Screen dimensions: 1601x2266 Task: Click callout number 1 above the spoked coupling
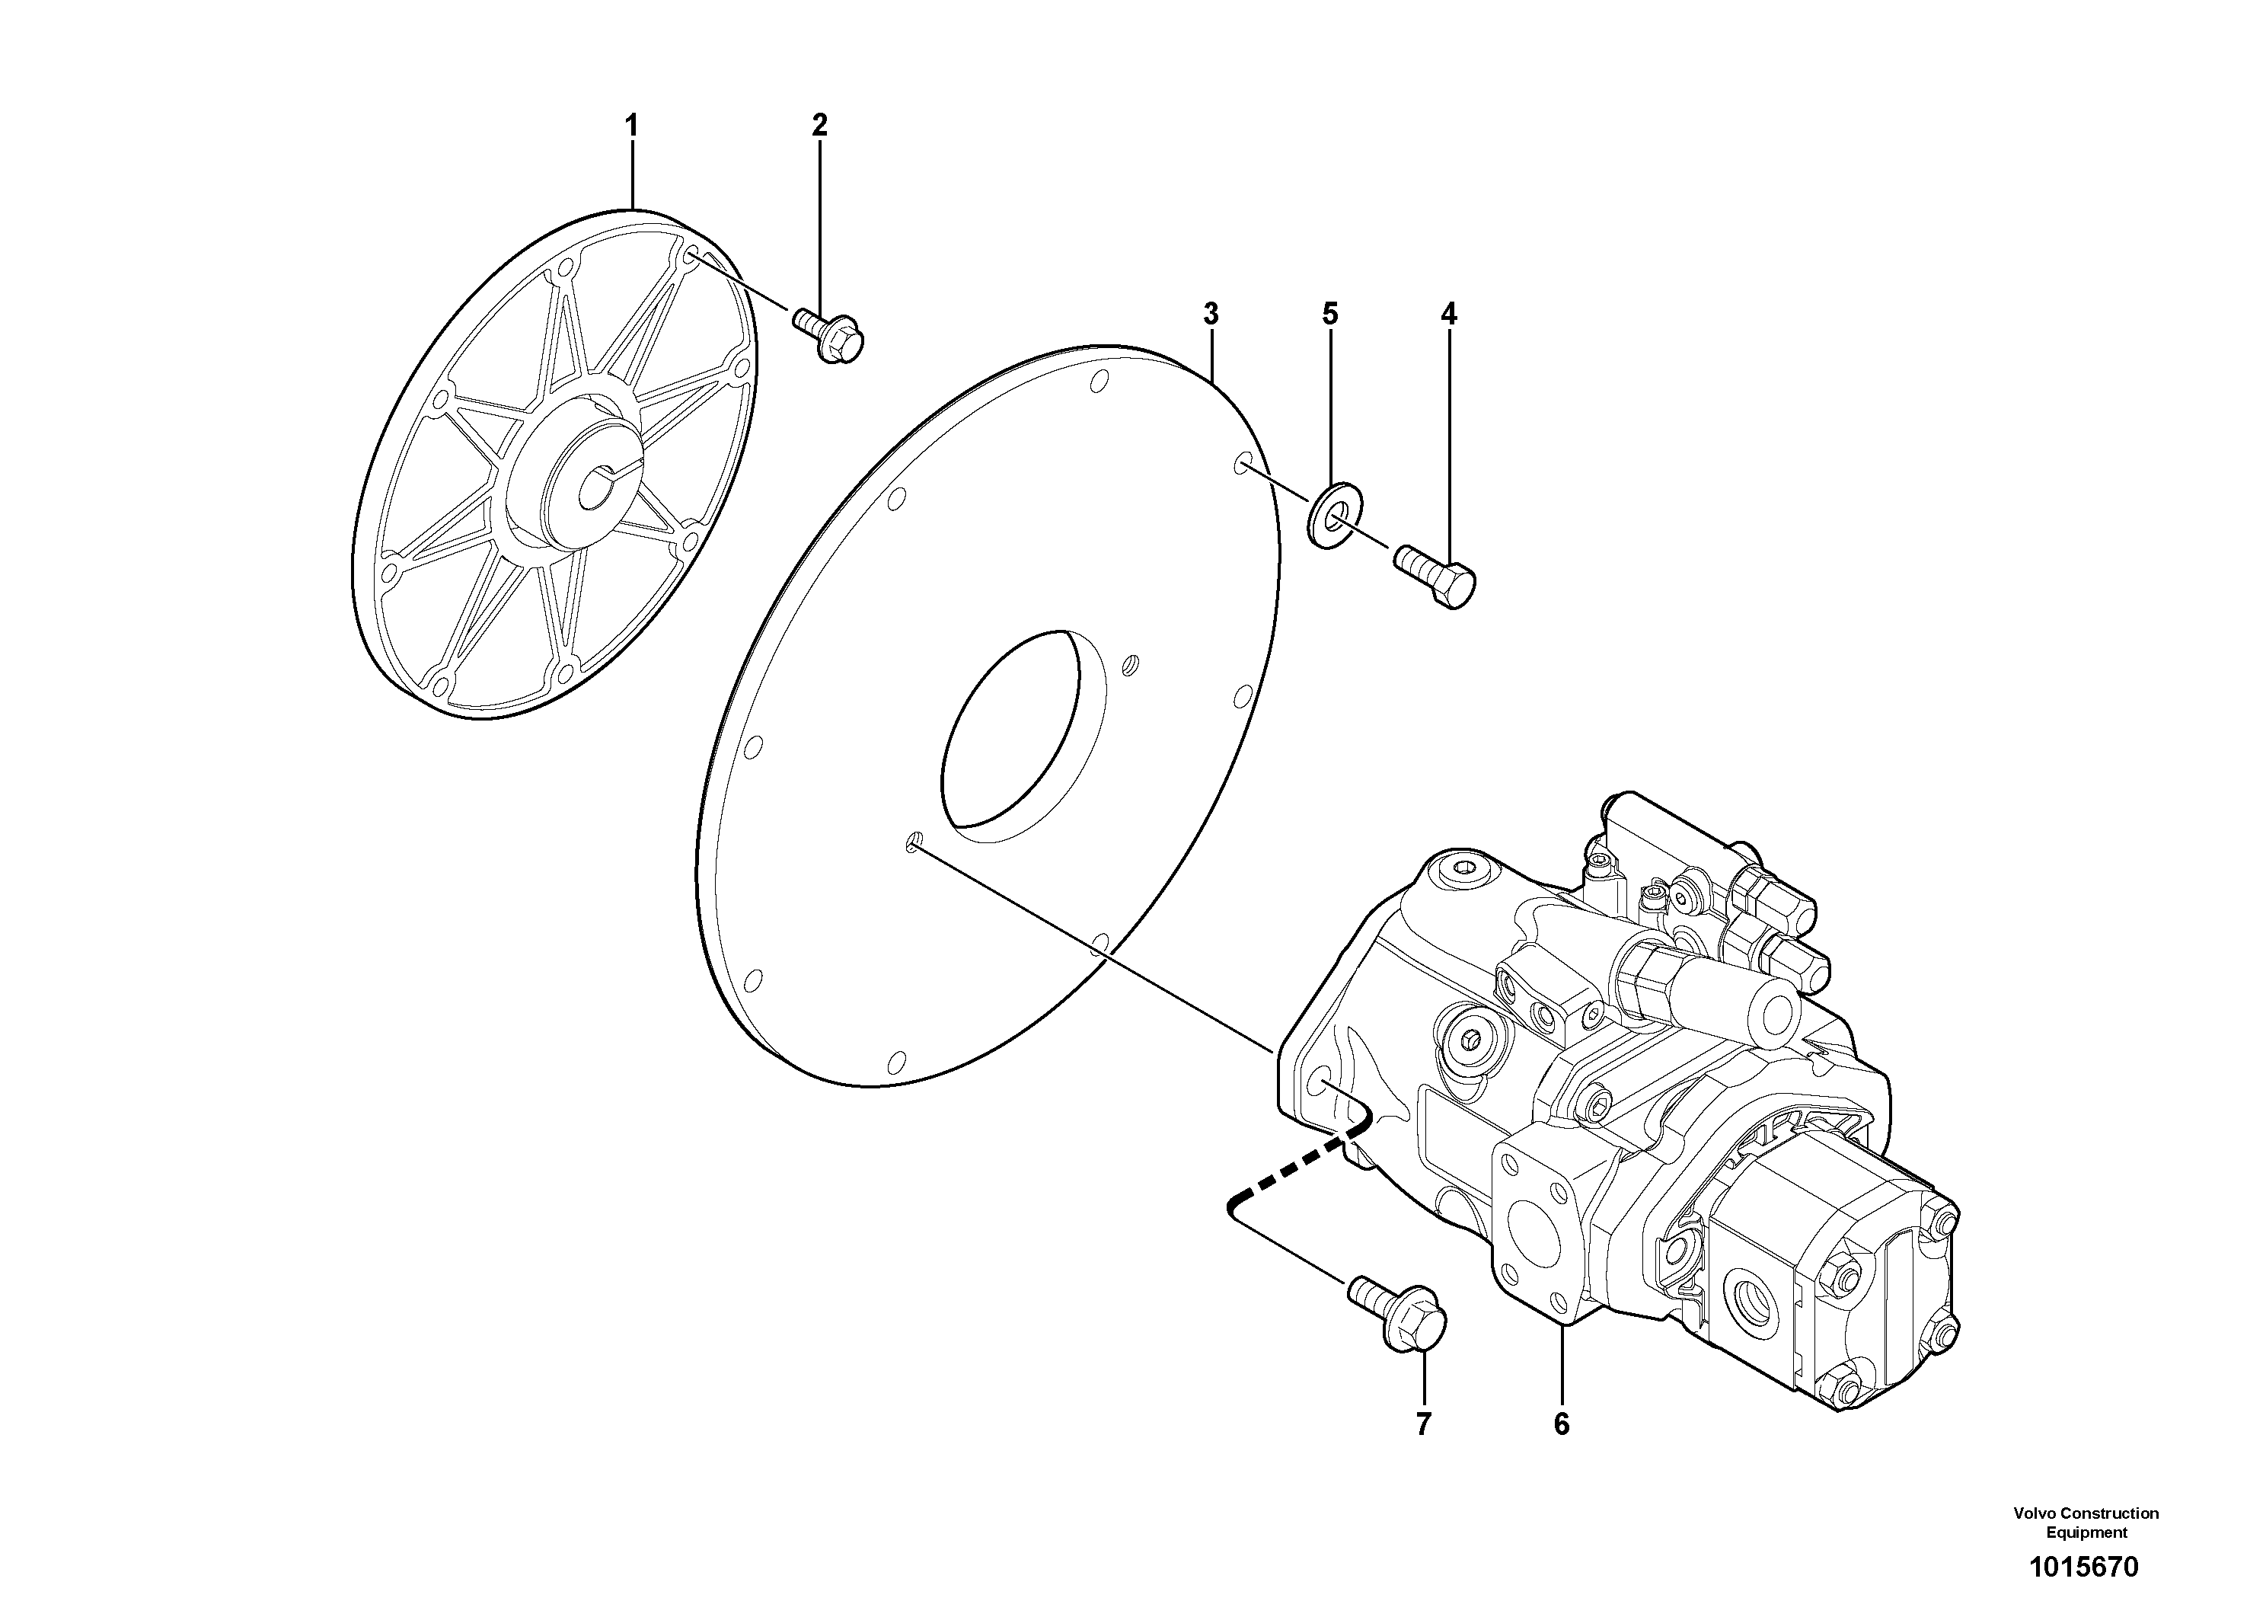click(632, 126)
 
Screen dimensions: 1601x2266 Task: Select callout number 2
click(819, 126)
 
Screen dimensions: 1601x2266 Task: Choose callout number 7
click(1423, 1424)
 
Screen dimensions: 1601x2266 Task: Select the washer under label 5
click(1330, 515)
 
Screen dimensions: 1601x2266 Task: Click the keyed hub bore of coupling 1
click(602, 481)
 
